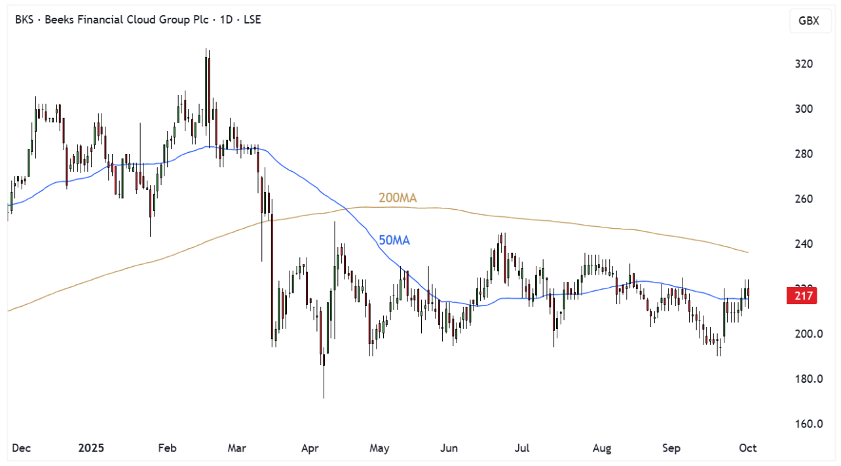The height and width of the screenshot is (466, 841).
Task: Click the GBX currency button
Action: (x=809, y=21)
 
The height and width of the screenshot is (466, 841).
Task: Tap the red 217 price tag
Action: (x=804, y=296)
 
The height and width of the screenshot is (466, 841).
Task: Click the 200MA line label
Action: (x=398, y=198)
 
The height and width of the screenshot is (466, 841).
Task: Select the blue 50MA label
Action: (x=394, y=241)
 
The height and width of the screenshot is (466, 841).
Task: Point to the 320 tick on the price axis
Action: (x=804, y=64)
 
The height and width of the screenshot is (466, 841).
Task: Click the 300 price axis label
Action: (x=804, y=109)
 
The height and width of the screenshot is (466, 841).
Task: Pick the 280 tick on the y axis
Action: (x=804, y=154)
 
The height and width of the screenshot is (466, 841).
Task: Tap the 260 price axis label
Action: (x=804, y=199)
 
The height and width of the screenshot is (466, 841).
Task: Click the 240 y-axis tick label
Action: (x=804, y=244)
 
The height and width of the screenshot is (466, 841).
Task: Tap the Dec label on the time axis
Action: (x=22, y=448)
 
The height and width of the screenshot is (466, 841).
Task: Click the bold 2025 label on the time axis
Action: (x=91, y=448)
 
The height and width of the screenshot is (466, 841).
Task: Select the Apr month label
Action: (x=309, y=448)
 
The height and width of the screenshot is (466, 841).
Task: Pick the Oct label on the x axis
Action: (x=748, y=448)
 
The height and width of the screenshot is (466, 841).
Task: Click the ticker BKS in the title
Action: (x=25, y=20)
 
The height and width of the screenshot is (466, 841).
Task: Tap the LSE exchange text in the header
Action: (x=252, y=20)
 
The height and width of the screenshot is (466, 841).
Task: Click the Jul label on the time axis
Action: (x=522, y=448)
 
